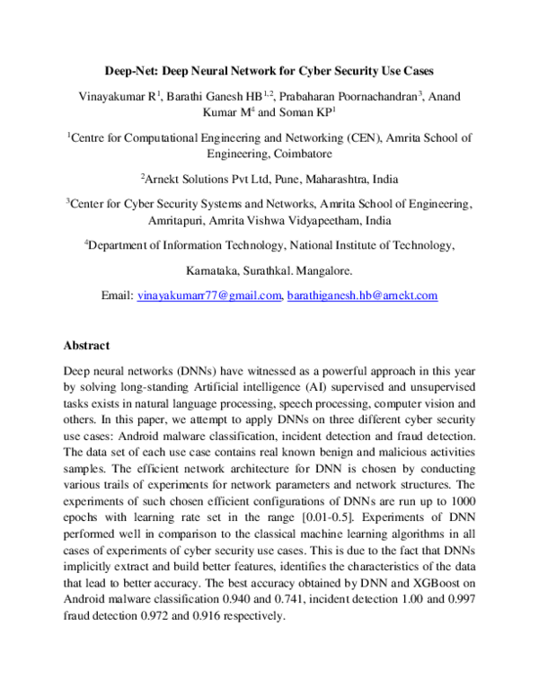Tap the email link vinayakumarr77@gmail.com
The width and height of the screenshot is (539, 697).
tap(208, 295)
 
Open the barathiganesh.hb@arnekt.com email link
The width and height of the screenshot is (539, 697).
tap(362, 295)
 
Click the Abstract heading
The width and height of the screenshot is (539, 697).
tap(86, 345)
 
